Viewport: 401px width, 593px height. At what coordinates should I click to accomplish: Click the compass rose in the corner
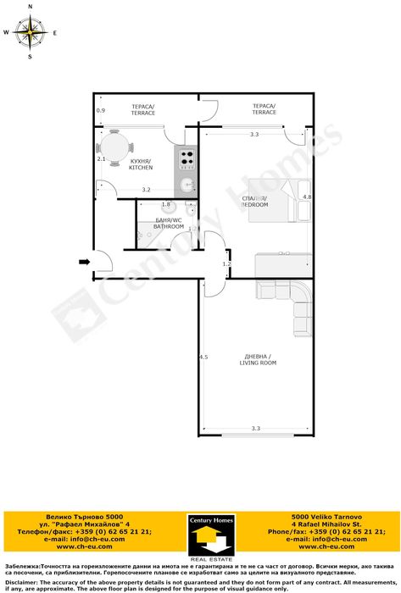(31, 33)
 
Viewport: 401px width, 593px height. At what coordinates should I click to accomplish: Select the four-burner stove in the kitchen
(187, 158)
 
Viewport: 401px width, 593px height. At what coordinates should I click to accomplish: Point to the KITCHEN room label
(141, 163)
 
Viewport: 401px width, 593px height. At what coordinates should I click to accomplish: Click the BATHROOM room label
(168, 224)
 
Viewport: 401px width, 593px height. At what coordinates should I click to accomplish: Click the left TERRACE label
(142, 109)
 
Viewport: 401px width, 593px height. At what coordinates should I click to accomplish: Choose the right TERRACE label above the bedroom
(264, 108)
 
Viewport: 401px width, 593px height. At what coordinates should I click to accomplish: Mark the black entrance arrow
(83, 263)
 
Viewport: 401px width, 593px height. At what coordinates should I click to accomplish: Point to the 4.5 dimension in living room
(203, 357)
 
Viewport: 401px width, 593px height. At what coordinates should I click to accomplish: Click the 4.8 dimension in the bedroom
(307, 197)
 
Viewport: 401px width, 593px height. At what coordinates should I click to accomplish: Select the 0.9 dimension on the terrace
(100, 111)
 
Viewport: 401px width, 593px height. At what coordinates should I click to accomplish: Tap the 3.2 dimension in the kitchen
(146, 190)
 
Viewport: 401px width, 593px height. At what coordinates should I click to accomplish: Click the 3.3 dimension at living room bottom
(255, 430)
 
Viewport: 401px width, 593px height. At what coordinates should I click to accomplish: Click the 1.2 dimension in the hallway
(226, 264)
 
